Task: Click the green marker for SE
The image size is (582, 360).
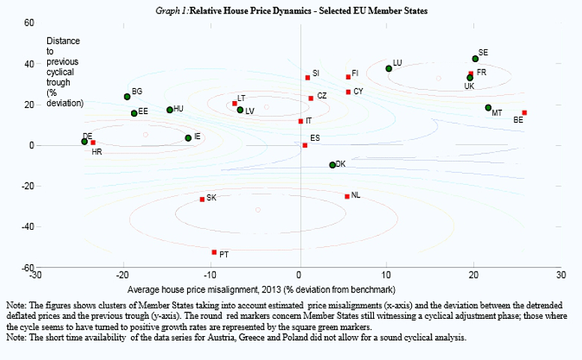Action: (x=475, y=58)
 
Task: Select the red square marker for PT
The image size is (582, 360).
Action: (x=214, y=252)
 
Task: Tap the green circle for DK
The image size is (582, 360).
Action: (x=333, y=165)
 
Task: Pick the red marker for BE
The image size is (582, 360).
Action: (x=524, y=112)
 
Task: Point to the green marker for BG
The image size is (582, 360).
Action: (x=127, y=97)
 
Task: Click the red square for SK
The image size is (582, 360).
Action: (x=202, y=199)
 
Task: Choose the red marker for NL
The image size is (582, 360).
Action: (x=347, y=196)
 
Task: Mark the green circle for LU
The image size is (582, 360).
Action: (x=389, y=69)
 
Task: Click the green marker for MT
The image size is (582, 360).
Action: (x=488, y=108)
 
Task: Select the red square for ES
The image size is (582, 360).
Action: (x=304, y=145)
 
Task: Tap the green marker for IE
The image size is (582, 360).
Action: (x=188, y=138)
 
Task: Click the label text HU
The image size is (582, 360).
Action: (x=178, y=109)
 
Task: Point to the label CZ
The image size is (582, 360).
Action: (x=321, y=96)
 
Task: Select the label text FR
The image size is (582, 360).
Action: (x=482, y=73)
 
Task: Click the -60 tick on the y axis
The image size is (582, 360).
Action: (x=25, y=267)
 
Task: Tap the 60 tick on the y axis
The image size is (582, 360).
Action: (x=29, y=23)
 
